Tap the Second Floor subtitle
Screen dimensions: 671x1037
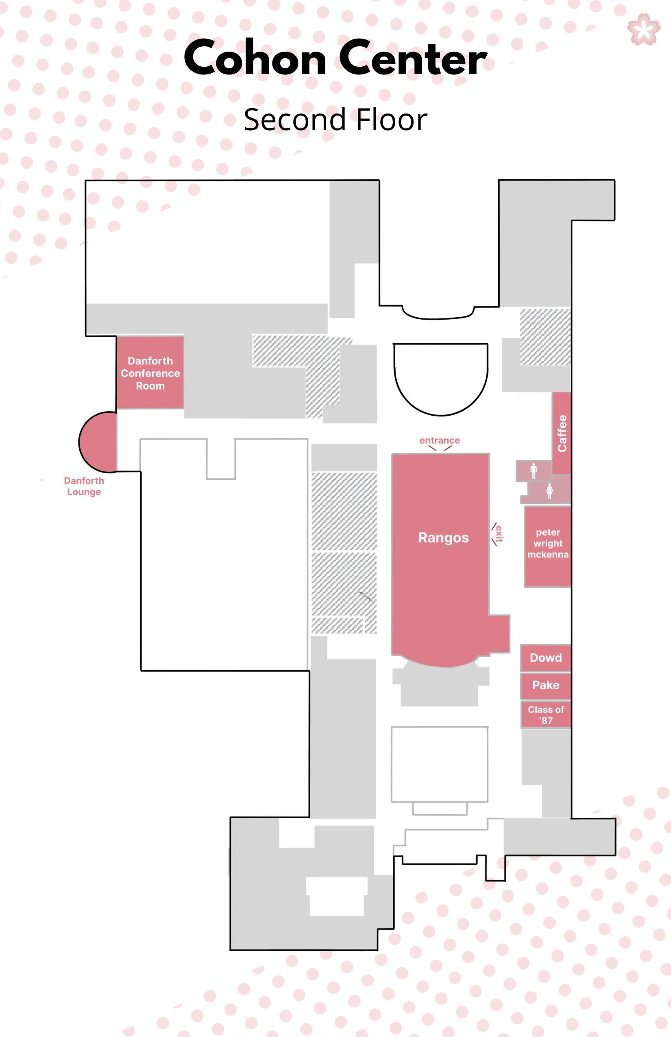(x=335, y=120)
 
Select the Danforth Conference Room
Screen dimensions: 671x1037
(x=150, y=373)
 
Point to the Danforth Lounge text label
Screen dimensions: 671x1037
(x=84, y=486)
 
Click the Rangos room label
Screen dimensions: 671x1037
(x=443, y=538)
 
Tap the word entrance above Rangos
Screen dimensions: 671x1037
(x=439, y=440)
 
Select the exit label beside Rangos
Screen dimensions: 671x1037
(x=499, y=533)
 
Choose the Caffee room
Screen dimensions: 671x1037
(x=562, y=433)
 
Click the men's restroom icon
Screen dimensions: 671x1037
(x=533, y=471)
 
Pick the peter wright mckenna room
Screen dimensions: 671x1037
(x=548, y=544)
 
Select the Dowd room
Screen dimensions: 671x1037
(x=545, y=658)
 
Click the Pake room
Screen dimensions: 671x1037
(x=545, y=685)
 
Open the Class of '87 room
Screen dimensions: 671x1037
(x=545, y=715)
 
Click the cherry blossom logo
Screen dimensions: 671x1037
(x=643, y=29)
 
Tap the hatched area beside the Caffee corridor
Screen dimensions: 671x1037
(x=545, y=337)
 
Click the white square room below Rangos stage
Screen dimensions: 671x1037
(x=439, y=764)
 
